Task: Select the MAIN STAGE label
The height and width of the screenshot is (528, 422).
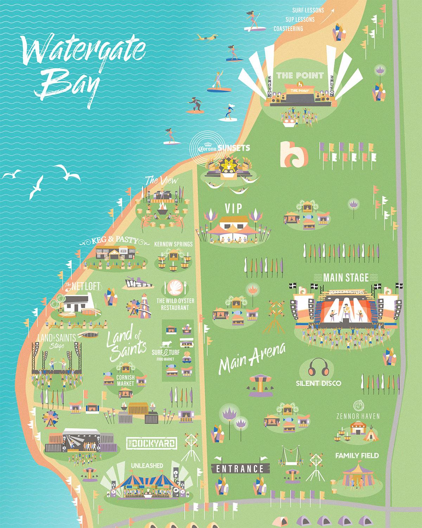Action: click(x=346, y=278)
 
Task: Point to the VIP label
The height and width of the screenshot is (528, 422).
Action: click(x=234, y=208)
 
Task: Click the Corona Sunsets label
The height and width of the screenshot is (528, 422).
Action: click(x=220, y=148)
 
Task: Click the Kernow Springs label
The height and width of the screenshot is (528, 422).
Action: click(x=173, y=244)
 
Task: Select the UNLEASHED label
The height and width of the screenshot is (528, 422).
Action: click(x=147, y=466)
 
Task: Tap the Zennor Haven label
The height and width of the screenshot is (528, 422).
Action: click(x=357, y=416)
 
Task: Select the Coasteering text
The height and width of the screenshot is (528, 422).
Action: click(x=288, y=29)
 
